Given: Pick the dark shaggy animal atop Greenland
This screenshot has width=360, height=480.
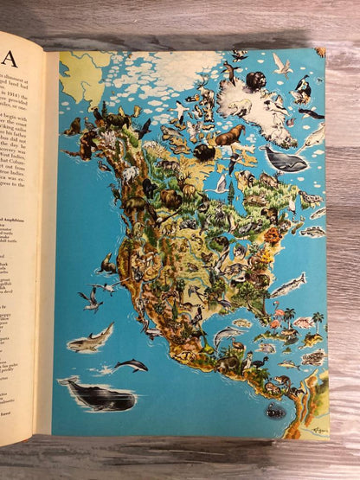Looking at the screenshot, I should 255,80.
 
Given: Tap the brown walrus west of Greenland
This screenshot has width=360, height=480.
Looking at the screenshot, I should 228,137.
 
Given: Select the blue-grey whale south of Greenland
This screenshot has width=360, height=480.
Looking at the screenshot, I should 285,159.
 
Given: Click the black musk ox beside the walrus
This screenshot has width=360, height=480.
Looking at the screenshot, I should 205,153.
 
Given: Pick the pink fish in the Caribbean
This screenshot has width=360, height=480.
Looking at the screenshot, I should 302,323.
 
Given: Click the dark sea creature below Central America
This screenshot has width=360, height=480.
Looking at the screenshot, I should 276,412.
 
